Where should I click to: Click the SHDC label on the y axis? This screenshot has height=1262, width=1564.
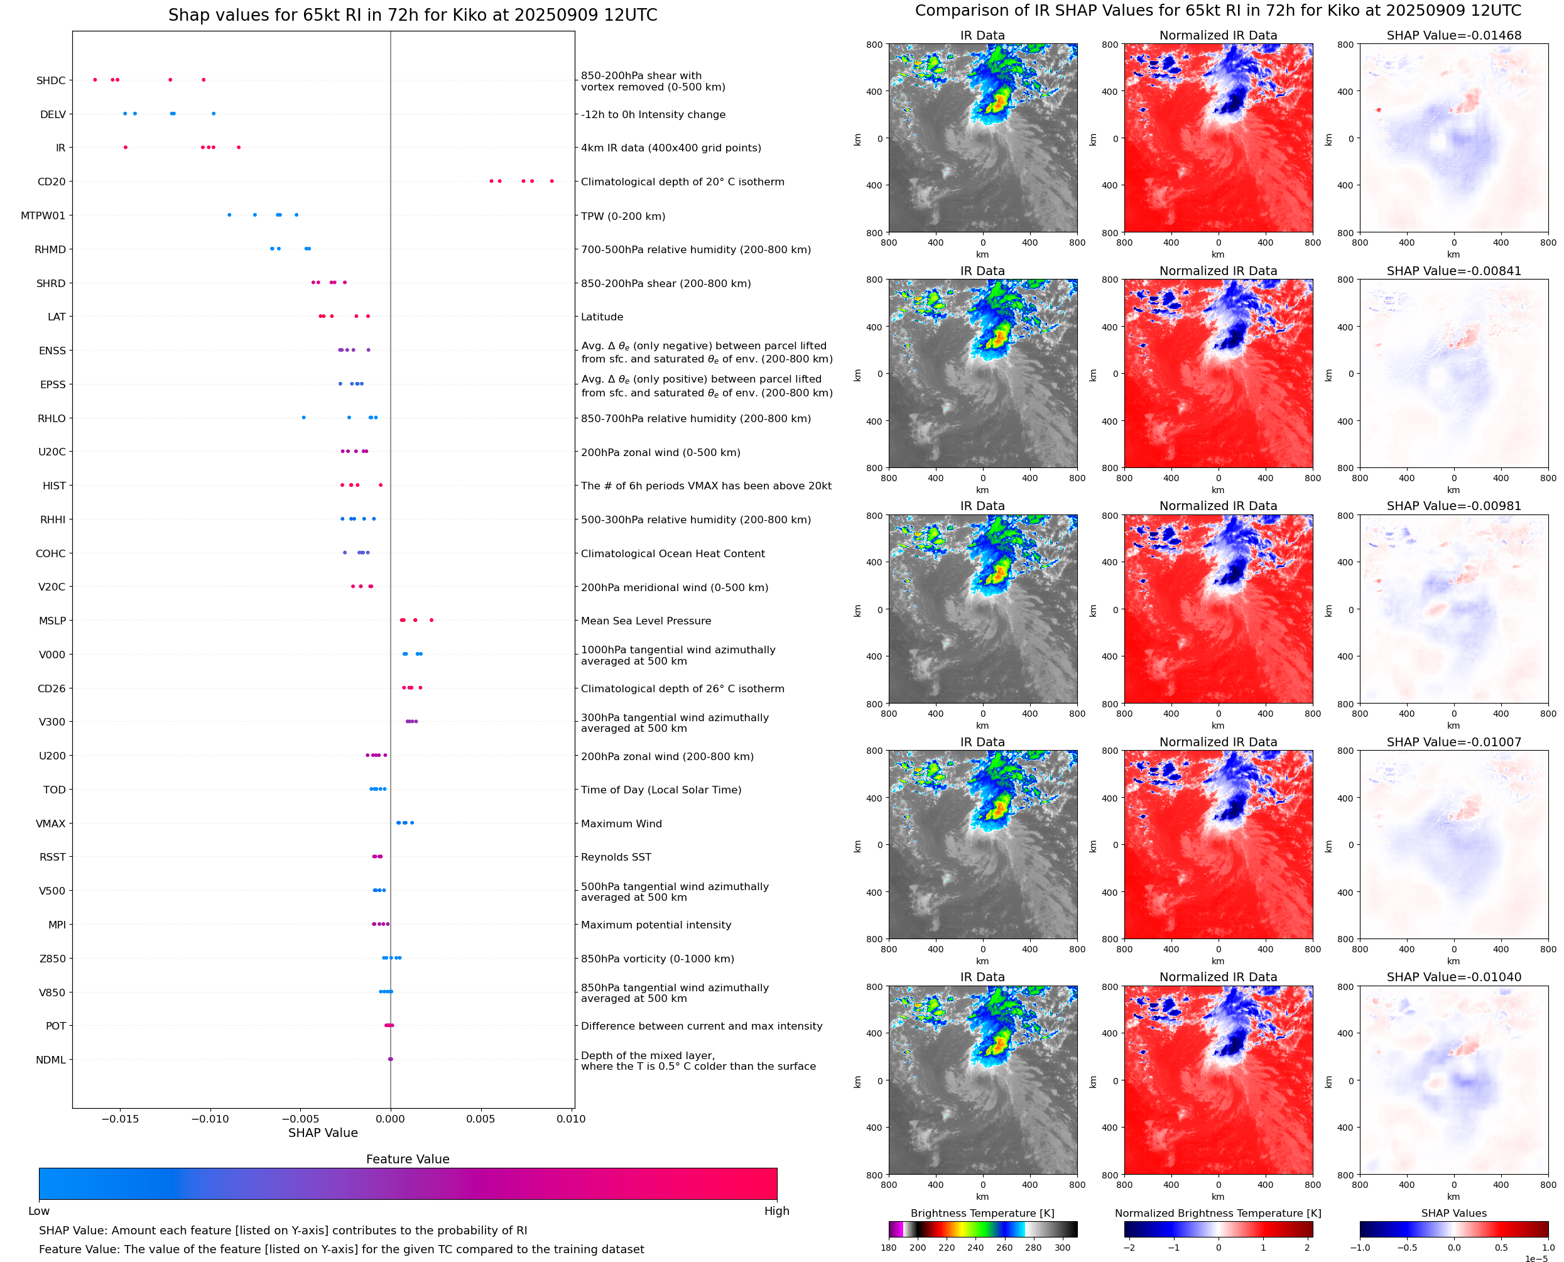tap(51, 80)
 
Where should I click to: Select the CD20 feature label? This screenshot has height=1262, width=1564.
tap(51, 182)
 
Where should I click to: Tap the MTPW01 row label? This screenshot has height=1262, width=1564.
tap(43, 216)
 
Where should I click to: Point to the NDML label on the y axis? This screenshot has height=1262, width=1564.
tap(51, 1060)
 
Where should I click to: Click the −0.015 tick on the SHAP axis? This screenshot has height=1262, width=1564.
tap(120, 1119)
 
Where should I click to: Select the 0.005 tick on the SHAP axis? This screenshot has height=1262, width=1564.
tap(481, 1119)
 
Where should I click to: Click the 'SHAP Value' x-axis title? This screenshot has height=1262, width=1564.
tap(323, 1133)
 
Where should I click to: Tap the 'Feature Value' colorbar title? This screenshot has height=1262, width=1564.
tap(408, 1159)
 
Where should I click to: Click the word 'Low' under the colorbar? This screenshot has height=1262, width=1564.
tap(38, 1210)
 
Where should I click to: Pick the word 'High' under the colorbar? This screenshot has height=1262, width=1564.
tap(776, 1210)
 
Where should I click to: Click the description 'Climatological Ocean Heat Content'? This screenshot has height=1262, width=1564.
tap(672, 554)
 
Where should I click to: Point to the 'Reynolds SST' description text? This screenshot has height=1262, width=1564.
tap(616, 857)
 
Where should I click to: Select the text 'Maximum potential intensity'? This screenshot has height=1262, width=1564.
tap(656, 925)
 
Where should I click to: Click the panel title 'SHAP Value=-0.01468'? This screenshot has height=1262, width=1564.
tap(1453, 36)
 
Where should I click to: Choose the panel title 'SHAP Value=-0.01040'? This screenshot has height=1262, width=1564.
tap(1453, 977)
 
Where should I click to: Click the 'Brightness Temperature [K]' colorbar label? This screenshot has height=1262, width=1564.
tap(982, 1213)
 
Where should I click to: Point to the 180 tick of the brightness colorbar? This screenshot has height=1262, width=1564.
tap(888, 1248)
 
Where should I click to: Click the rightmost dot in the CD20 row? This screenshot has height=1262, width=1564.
tap(551, 181)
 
